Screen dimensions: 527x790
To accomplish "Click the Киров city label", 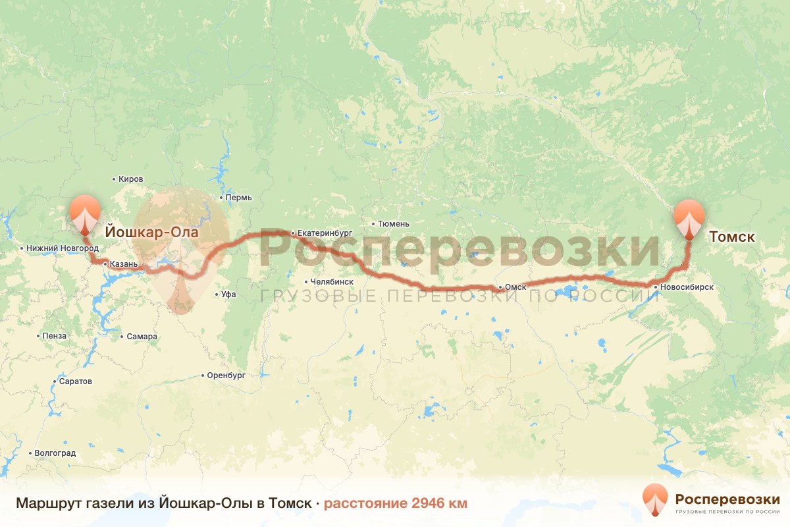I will click(130, 179).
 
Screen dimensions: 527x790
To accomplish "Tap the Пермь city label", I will click(238, 198).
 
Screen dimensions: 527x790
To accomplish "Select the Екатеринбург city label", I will click(325, 233).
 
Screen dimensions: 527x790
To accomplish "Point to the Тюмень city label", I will click(394, 224).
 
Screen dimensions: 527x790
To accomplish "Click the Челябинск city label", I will click(332, 281).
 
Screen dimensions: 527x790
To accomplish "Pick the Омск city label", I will click(515, 287).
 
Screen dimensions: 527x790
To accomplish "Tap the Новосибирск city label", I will click(687, 287).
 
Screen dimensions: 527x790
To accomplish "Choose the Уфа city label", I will click(228, 294).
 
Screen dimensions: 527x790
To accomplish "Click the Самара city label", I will click(142, 337).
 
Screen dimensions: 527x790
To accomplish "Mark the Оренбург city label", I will click(226, 375).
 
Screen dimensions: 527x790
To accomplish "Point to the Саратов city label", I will click(76, 381).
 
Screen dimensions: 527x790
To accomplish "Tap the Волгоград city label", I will click(55, 453).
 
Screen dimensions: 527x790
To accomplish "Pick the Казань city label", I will click(124, 264).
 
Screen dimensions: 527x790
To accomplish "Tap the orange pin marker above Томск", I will click(689, 215).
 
